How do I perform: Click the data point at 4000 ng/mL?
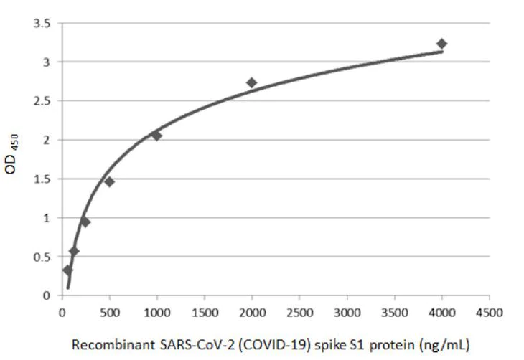pyautogui.click(x=441, y=44)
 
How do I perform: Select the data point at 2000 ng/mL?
pyautogui.click(x=251, y=82)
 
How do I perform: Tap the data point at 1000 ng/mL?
pyautogui.click(x=156, y=135)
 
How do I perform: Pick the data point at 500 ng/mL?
pyautogui.click(x=109, y=181)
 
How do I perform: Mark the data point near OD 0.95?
pyautogui.click(x=85, y=222)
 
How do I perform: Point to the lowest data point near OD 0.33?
pyautogui.click(x=67, y=270)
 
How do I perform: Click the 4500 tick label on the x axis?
pyautogui.click(x=490, y=312)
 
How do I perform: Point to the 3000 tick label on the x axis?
pyautogui.click(x=347, y=312)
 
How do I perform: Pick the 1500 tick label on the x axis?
pyautogui.click(x=205, y=312)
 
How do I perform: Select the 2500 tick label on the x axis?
pyautogui.click(x=299, y=312)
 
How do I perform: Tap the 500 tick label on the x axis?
pyautogui.click(x=109, y=312)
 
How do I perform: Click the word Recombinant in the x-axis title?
pyautogui.click(x=106, y=344)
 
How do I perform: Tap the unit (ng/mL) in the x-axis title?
pyautogui.click(x=446, y=344)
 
